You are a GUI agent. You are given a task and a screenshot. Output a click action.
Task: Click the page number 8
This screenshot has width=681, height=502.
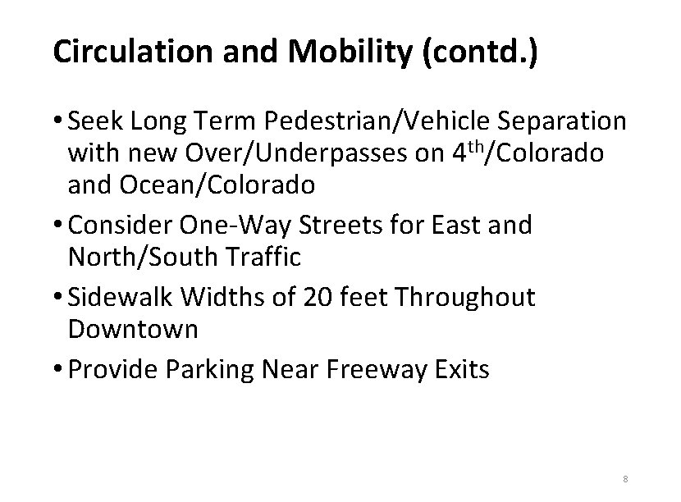[625, 478]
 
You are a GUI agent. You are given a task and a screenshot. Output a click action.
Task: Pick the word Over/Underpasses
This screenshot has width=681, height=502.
[286, 153]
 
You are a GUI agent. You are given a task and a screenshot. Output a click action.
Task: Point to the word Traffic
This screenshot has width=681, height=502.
[270, 257]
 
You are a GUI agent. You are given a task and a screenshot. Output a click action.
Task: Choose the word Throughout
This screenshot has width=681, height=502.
[465, 297]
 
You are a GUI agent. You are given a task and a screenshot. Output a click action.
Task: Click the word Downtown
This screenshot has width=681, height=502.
[133, 329]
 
